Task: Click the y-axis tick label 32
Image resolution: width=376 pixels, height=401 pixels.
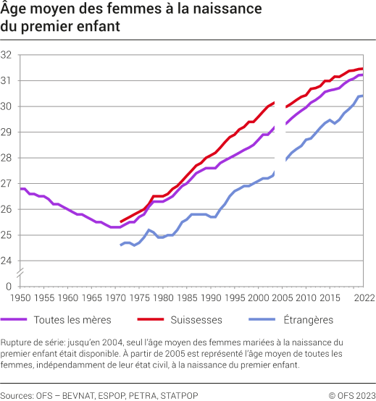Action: point(7,55)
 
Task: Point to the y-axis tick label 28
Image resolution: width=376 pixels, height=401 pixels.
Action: point(7,158)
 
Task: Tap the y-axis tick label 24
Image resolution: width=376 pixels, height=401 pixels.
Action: point(7,261)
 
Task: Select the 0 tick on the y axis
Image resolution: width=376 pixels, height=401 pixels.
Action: point(9,287)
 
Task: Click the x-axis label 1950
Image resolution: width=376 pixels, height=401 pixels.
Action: point(21,297)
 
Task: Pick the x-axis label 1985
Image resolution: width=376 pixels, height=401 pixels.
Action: point(187,297)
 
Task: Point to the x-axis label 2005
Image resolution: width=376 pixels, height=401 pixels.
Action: point(282,297)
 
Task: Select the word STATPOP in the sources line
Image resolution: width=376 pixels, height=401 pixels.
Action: point(180,394)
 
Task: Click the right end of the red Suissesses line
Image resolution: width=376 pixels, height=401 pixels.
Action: point(362,69)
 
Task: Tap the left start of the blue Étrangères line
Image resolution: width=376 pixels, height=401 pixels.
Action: point(120,245)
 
